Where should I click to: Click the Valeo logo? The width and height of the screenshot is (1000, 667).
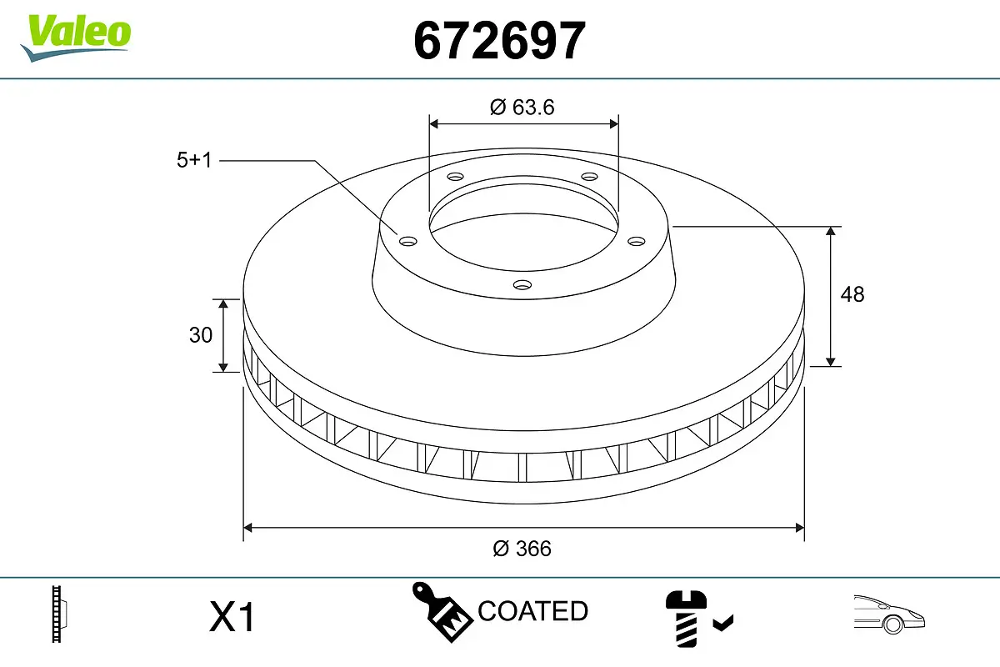tap(76, 36)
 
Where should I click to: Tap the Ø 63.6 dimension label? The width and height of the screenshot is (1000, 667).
tap(522, 107)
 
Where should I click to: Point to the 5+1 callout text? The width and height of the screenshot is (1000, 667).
tap(194, 160)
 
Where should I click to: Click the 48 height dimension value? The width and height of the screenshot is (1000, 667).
tap(852, 294)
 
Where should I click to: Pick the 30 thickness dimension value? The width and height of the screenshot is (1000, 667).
tap(201, 335)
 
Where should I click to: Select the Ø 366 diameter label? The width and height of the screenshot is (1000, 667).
tap(522, 549)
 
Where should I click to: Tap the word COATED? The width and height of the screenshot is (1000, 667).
tap(532, 611)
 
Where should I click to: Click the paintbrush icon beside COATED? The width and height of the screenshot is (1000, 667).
tap(441, 611)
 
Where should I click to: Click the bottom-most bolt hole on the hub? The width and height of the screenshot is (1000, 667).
tap(522, 285)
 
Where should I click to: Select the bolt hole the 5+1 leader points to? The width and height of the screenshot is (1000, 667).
tap(407, 242)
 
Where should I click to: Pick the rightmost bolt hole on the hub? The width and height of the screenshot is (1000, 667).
tap(637, 241)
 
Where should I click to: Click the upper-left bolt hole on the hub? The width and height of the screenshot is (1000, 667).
tap(454, 177)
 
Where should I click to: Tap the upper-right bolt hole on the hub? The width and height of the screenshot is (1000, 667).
tap(590, 177)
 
